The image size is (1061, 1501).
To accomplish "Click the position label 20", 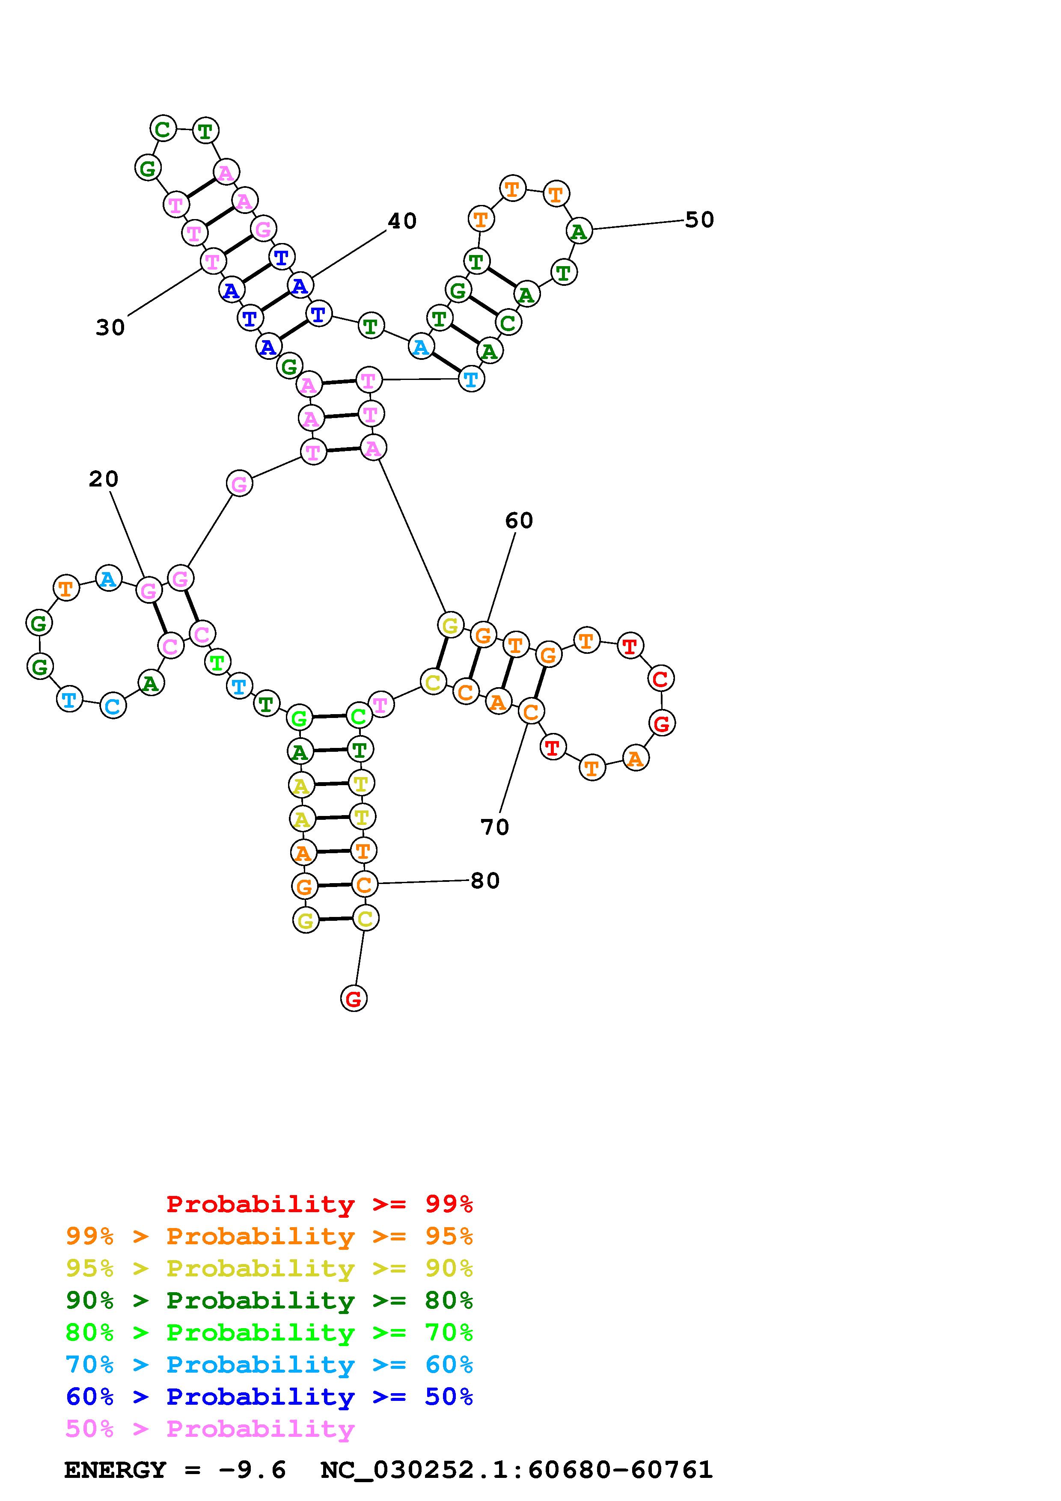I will pos(103,479).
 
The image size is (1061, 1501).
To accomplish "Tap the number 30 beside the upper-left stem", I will pos(110,327).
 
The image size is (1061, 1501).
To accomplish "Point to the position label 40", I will pos(402,222).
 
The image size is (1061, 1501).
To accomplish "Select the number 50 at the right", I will pos(699,220).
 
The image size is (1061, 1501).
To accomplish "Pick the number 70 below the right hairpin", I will pos(495,828).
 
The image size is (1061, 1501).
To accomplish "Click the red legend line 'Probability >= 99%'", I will pos(320,1204).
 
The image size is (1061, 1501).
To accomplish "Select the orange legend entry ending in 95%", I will pos(269,1236).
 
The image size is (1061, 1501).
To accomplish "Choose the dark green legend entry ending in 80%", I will pos(269,1300).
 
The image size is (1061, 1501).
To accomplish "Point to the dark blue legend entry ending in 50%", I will pos(269,1397).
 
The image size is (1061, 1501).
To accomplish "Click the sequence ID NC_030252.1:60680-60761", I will pos(517,1470).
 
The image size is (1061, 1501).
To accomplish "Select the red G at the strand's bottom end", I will pos(354,998).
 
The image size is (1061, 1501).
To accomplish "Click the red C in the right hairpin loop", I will pos(661,679).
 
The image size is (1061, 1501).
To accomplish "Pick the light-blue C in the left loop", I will pos(113,706).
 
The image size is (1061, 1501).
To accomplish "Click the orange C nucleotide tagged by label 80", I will pos(365,884).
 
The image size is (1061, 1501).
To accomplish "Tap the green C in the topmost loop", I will pos(163,129).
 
